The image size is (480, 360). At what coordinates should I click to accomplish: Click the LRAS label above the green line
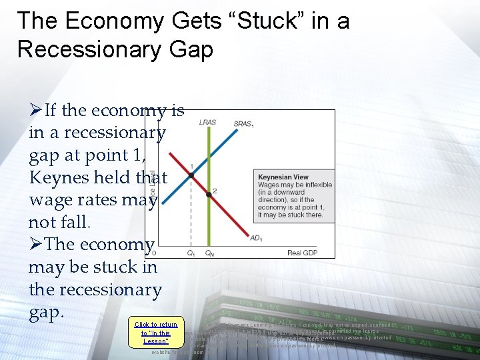click(x=207, y=123)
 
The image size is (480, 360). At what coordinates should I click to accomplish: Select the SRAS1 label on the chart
click(x=244, y=123)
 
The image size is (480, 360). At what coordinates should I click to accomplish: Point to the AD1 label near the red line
click(x=255, y=238)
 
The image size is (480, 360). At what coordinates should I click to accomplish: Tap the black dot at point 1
click(x=191, y=175)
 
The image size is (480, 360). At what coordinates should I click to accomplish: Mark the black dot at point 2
click(x=209, y=193)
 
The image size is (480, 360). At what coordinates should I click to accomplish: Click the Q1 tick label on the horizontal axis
click(x=191, y=253)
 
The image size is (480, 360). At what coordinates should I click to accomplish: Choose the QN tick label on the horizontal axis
click(x=209, y=253)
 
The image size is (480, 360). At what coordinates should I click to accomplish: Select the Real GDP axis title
click(x=303, y=253)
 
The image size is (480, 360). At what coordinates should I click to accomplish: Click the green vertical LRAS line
click(x=209, y=220)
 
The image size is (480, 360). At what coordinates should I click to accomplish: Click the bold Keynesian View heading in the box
click(x=283, y=177)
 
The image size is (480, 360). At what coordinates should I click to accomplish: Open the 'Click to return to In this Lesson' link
click(x=156, y=333)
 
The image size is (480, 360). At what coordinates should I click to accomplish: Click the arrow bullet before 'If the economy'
click(x=35, y=110)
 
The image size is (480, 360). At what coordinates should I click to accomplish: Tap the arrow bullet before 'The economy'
click(x=35, y=245)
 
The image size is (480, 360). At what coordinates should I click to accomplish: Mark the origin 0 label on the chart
click(x=154, y=253)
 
